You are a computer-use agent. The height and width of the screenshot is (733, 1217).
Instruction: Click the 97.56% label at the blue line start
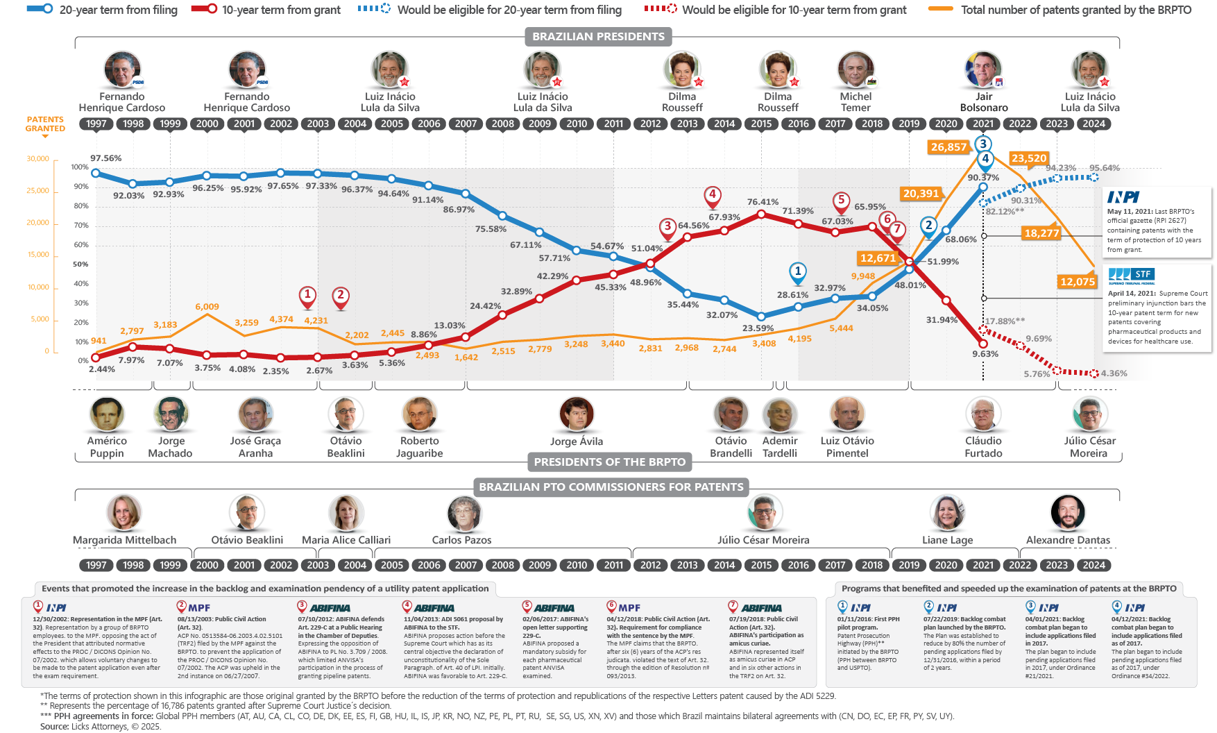click(x=106, y=158)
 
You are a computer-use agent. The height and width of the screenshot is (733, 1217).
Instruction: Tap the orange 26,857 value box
click(x=948, y=147)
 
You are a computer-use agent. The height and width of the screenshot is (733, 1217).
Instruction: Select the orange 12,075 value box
click(x=1077, y=281)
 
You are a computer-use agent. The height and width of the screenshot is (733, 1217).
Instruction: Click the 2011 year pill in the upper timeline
click(x=613, y=124)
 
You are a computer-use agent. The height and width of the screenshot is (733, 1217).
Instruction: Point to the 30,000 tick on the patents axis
click(x=38, y=159)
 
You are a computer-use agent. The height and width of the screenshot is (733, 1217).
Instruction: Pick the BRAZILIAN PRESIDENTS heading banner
click(x=598, y=37)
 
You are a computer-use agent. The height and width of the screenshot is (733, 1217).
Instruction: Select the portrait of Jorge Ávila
click(x=577, y=414)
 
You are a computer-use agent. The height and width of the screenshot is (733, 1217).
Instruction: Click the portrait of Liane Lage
click(x=947, y=513)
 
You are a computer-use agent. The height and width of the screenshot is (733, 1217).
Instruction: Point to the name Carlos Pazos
click(x=461, y=540)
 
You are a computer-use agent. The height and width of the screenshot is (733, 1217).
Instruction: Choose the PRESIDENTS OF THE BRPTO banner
click(x=609, y=462)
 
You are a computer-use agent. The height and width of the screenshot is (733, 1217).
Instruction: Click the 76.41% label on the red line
click(x=763, y=202)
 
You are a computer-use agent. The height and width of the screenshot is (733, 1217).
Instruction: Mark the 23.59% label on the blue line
click(x=758, y=328)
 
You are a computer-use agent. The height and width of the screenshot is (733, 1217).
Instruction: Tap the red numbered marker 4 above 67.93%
click(x=712, y=195)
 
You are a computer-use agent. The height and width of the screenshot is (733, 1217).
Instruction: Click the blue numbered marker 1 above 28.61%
click(x=798, y=271)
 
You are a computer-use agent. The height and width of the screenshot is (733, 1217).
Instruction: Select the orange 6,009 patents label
click(x=207, y=307)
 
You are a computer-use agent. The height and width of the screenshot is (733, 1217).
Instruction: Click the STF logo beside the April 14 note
click(x=1131, y=274)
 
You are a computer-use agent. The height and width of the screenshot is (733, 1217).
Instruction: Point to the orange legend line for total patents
click(x=940, y=10)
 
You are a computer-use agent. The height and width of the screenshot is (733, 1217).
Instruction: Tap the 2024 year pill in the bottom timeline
click(x=1093, y=565)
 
